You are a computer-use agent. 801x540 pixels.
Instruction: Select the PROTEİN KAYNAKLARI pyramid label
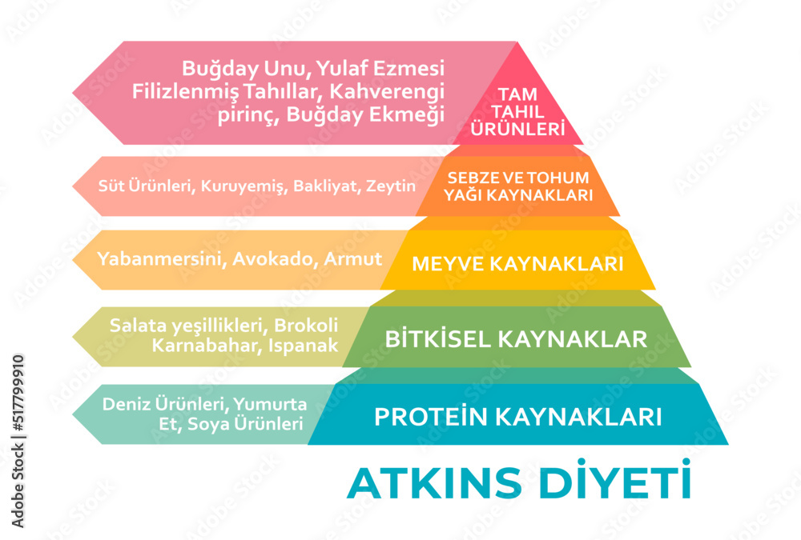[518, 417]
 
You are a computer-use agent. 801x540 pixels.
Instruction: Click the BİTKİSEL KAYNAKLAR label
[517, 338]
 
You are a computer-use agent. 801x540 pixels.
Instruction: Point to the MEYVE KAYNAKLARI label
[517, 263]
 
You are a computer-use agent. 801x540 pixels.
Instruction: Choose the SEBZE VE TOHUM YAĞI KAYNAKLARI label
[517, 186]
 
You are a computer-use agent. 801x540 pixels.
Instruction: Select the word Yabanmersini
[160, 259]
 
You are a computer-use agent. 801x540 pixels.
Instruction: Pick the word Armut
[356, 259]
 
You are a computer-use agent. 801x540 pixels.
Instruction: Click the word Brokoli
[307, 326]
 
